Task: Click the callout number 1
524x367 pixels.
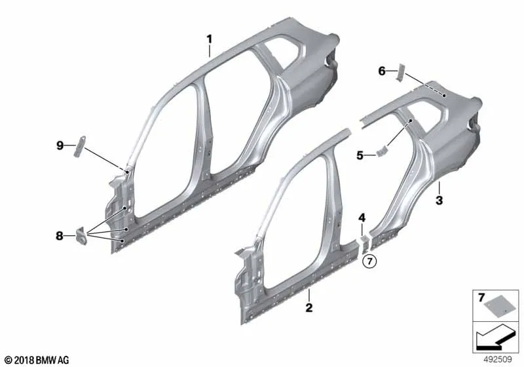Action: [209, 39]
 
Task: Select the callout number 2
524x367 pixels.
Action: [309, 307]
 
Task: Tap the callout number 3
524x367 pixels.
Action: [439, 201]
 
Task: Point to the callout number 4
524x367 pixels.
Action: [362, 218]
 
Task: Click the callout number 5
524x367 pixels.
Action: [360, 155]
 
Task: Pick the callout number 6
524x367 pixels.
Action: [382, 71]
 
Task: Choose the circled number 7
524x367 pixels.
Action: [369, 261]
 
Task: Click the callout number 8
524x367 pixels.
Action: [59, 236]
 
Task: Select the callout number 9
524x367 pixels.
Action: [60, 145]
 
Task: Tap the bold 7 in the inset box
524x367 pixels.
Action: [481, 297]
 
